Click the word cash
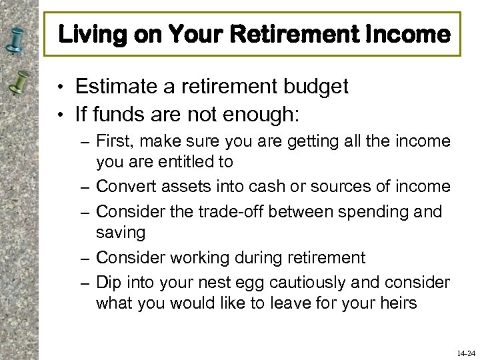(x=277, y=187)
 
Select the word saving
(x=121, y=233)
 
